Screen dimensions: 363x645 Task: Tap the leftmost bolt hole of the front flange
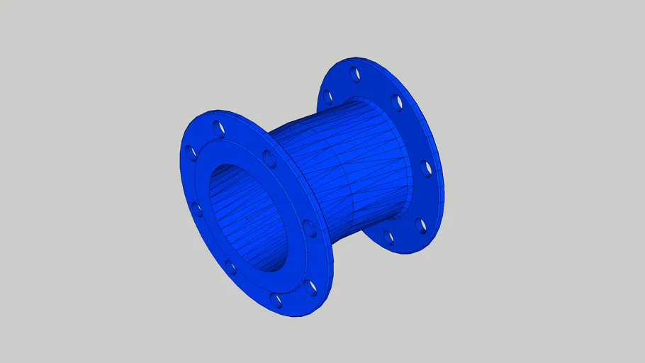click(190, 152)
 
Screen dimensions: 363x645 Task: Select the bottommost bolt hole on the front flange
click(276, 301)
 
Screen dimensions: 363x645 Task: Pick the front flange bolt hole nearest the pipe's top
click(269, 158)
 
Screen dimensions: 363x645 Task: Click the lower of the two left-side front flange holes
click(196, 209)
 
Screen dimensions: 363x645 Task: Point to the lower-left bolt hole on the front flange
click(230, 267)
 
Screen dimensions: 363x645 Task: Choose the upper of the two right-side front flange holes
click(309, 228)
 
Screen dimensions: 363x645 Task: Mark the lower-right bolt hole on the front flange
click(310, 286)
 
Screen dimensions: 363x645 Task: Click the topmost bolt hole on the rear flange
click(354, 73)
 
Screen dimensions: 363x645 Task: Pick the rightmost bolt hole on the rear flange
click(425, 169)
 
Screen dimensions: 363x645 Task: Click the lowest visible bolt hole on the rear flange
click(388, 238)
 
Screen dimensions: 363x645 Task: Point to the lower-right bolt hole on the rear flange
click(422, 225)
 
